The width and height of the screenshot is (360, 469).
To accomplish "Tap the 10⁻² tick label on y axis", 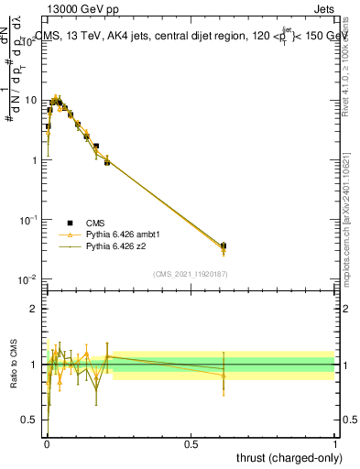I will (x=29, y=279).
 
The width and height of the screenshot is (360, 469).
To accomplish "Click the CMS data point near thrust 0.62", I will (x=224, y=245).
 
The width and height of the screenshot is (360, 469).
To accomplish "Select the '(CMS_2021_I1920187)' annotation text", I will (x=191, y=273).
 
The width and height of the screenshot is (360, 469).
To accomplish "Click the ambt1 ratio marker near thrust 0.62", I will (x=224, y=376).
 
